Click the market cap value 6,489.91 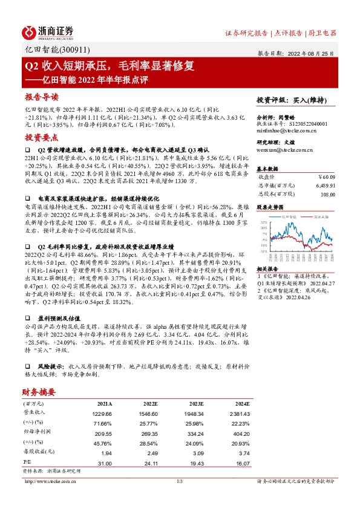point(326,186)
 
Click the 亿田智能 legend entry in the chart point(289,215)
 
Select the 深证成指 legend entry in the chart point(320,215)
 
